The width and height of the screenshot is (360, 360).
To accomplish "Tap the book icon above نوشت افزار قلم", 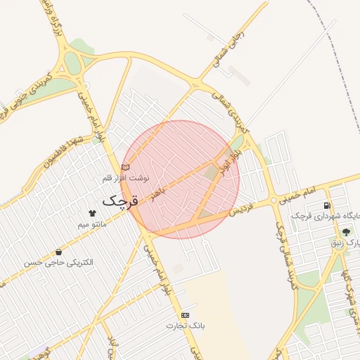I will pyautogui.click(x=126, y=167).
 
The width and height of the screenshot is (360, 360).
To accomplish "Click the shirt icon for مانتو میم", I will pyautogui.click(x=91, y=212).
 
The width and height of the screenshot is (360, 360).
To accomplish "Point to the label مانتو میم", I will pyautogui.click(x=91, y=224).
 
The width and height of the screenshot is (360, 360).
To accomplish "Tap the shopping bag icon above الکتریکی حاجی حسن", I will pyautogui.click(x=58, y=251).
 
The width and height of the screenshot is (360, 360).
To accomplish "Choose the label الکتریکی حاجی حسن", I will pyautogui.click(x=58, y=262).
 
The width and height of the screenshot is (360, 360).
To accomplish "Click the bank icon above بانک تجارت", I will pyautogui.click(x=185, y=315).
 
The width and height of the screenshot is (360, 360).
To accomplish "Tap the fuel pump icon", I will pyautogui.click(x=327, y=205).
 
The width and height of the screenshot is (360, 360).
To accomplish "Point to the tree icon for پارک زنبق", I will pyautogui.click(x=345, y=232).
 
